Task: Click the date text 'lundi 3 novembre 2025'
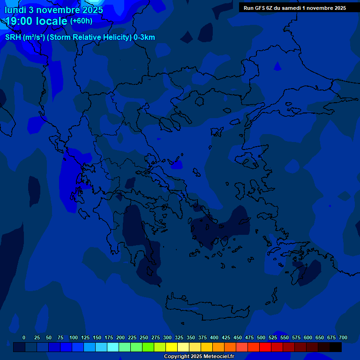[54, 10]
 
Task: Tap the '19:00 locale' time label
[36, 21]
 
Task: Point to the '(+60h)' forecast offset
[81, 21]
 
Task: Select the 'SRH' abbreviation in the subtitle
[13, 37]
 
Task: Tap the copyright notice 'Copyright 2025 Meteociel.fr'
[199, 356]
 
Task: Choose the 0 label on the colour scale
[24, 337]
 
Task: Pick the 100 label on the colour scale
[74, 337]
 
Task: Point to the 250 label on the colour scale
[144, 337]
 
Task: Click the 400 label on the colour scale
[214, 337]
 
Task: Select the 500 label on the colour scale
[261, 337]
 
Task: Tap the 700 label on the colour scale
[343, 337]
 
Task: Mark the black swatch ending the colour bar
[336, 347]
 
